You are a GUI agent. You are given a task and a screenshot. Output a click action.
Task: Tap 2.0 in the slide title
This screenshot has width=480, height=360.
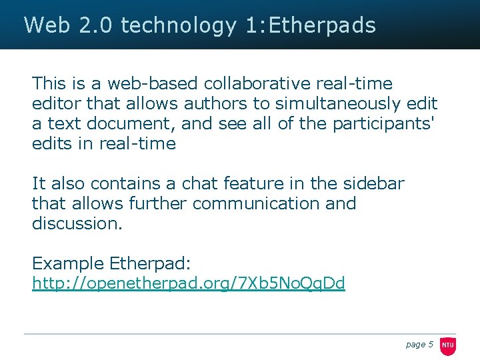click(x=96, y=25)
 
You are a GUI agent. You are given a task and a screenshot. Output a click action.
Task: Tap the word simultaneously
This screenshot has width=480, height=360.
click(x=339, y=104)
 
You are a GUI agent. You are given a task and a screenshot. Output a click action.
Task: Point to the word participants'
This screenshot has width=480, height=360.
click(x=379, y=125)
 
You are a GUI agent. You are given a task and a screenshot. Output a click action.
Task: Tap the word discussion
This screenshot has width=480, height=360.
click(x=77, y=223)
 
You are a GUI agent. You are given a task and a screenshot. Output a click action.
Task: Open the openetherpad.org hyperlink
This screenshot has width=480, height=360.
click(x=189, y=283)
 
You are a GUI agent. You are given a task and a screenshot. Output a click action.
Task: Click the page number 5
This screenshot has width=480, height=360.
click(x=431, y=344)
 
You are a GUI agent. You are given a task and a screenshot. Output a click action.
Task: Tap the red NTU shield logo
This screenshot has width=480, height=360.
click(x=448, y=345)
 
